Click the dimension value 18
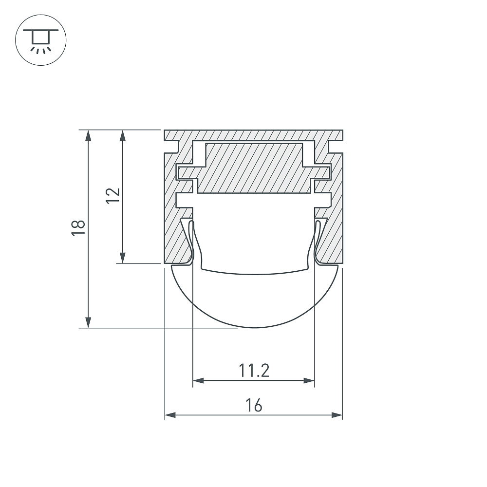[x=78, y=228]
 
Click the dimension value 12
[x=113, y=195]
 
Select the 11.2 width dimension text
[x=254, y=371]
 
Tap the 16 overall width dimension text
[x=254, y=405]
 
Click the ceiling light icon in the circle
[x=41, y=40]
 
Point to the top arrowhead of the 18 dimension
[x=89, y=135]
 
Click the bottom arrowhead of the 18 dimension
[x=89, y=322]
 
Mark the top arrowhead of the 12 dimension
[x=123, y=135]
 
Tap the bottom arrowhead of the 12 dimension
[x=123, y=258]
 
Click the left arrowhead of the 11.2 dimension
[x=199, y=380]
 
